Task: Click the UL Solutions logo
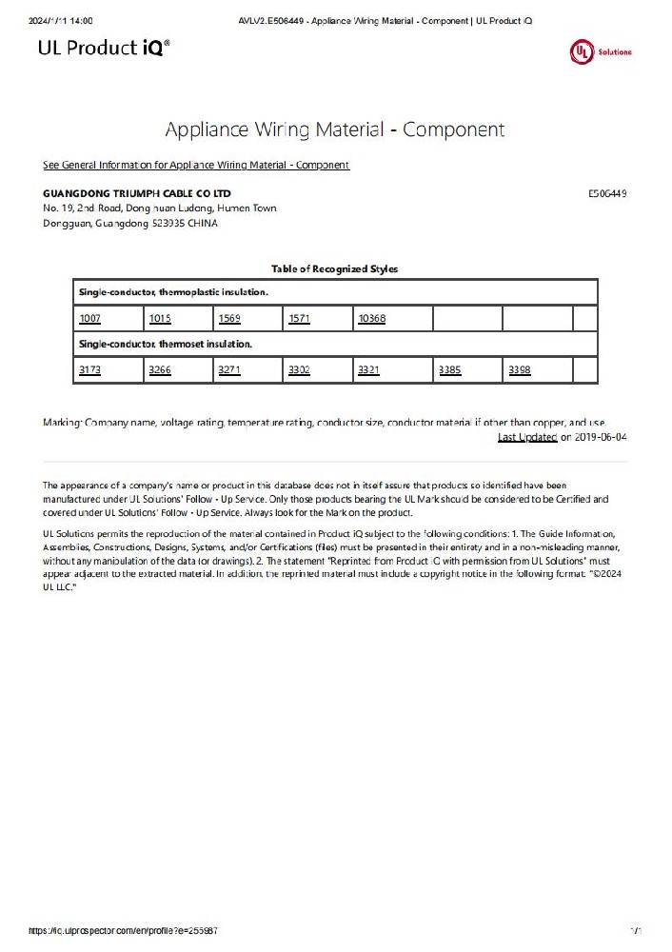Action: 600,51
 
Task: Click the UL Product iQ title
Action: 105,48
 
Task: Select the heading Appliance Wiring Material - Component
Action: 335,129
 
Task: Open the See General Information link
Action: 196,165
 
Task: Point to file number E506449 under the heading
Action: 607,193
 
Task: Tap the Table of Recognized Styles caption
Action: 335,268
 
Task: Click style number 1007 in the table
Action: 90,318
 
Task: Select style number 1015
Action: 160,318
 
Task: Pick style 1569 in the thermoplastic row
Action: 229,318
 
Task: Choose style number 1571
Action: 299,318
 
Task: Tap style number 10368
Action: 371,318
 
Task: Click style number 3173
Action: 90,369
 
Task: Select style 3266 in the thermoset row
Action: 160,369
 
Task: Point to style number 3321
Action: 368,369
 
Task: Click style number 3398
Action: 520,369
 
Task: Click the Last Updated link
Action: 527,437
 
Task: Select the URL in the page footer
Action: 129,930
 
